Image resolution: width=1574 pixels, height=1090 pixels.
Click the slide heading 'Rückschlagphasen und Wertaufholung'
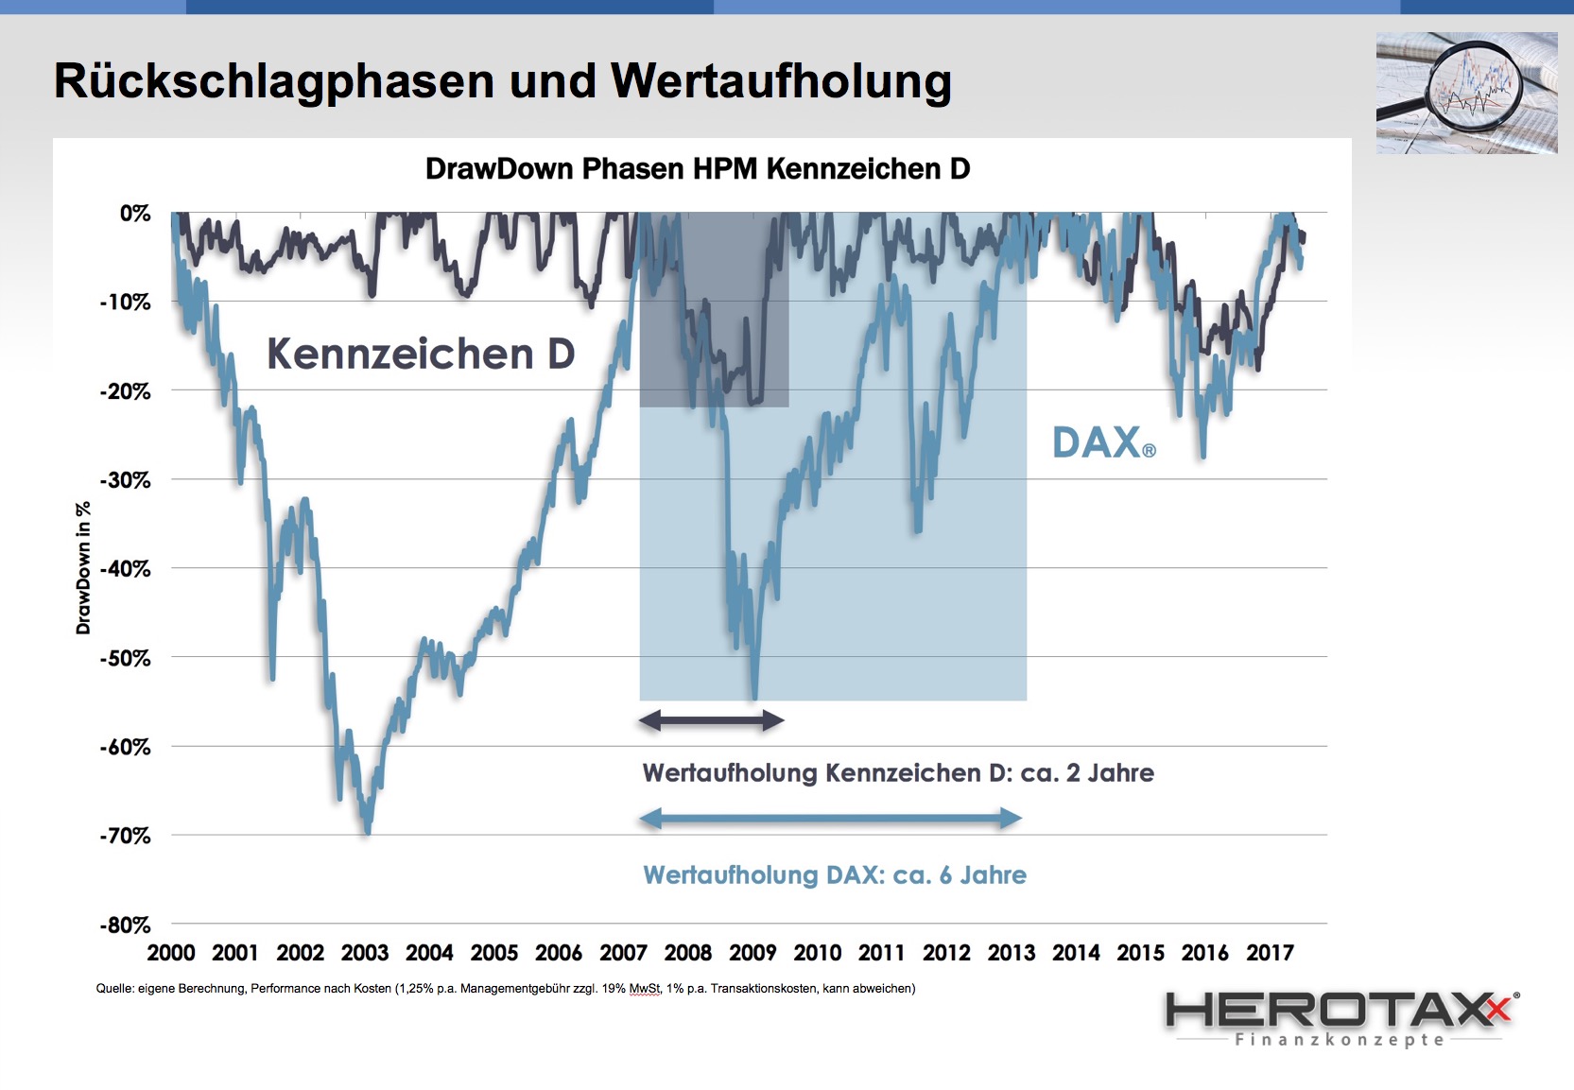[x=502, y=81]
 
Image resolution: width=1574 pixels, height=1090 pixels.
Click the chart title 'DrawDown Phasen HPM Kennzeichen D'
[x=698, y=169]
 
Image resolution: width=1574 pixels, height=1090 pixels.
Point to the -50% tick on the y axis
[x=125, y=658]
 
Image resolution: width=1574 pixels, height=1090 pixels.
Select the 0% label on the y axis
[x=135, y=214]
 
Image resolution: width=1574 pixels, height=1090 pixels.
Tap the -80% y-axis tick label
[x=125, y=926]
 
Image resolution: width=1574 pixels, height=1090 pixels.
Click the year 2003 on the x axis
[x=365, y=953]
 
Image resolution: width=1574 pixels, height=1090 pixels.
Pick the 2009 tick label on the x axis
[x=752, y=953]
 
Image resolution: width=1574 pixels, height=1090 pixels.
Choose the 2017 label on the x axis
[x=1270, y=953]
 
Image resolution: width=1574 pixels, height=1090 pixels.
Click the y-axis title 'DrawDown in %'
[x=84, y=568]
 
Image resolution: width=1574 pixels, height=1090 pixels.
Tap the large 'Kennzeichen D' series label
[x=421, y=355]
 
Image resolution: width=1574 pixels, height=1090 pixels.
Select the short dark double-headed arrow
[x=711, y=721]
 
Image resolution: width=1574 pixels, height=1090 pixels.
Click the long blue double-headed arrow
[x=831, y=819]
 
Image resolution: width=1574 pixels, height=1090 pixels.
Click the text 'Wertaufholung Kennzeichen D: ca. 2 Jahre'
[x=898, y=773]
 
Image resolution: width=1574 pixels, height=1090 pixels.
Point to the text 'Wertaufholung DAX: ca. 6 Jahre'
[x=835, y=875]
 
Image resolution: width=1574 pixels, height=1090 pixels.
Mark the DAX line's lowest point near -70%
[x=368, y=832]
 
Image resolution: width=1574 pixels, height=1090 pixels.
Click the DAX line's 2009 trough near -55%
[x=753, y=698]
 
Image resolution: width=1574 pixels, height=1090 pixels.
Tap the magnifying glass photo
[x=1466, y=93]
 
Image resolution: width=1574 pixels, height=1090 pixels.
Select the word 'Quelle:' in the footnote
[x=114, y=989]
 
